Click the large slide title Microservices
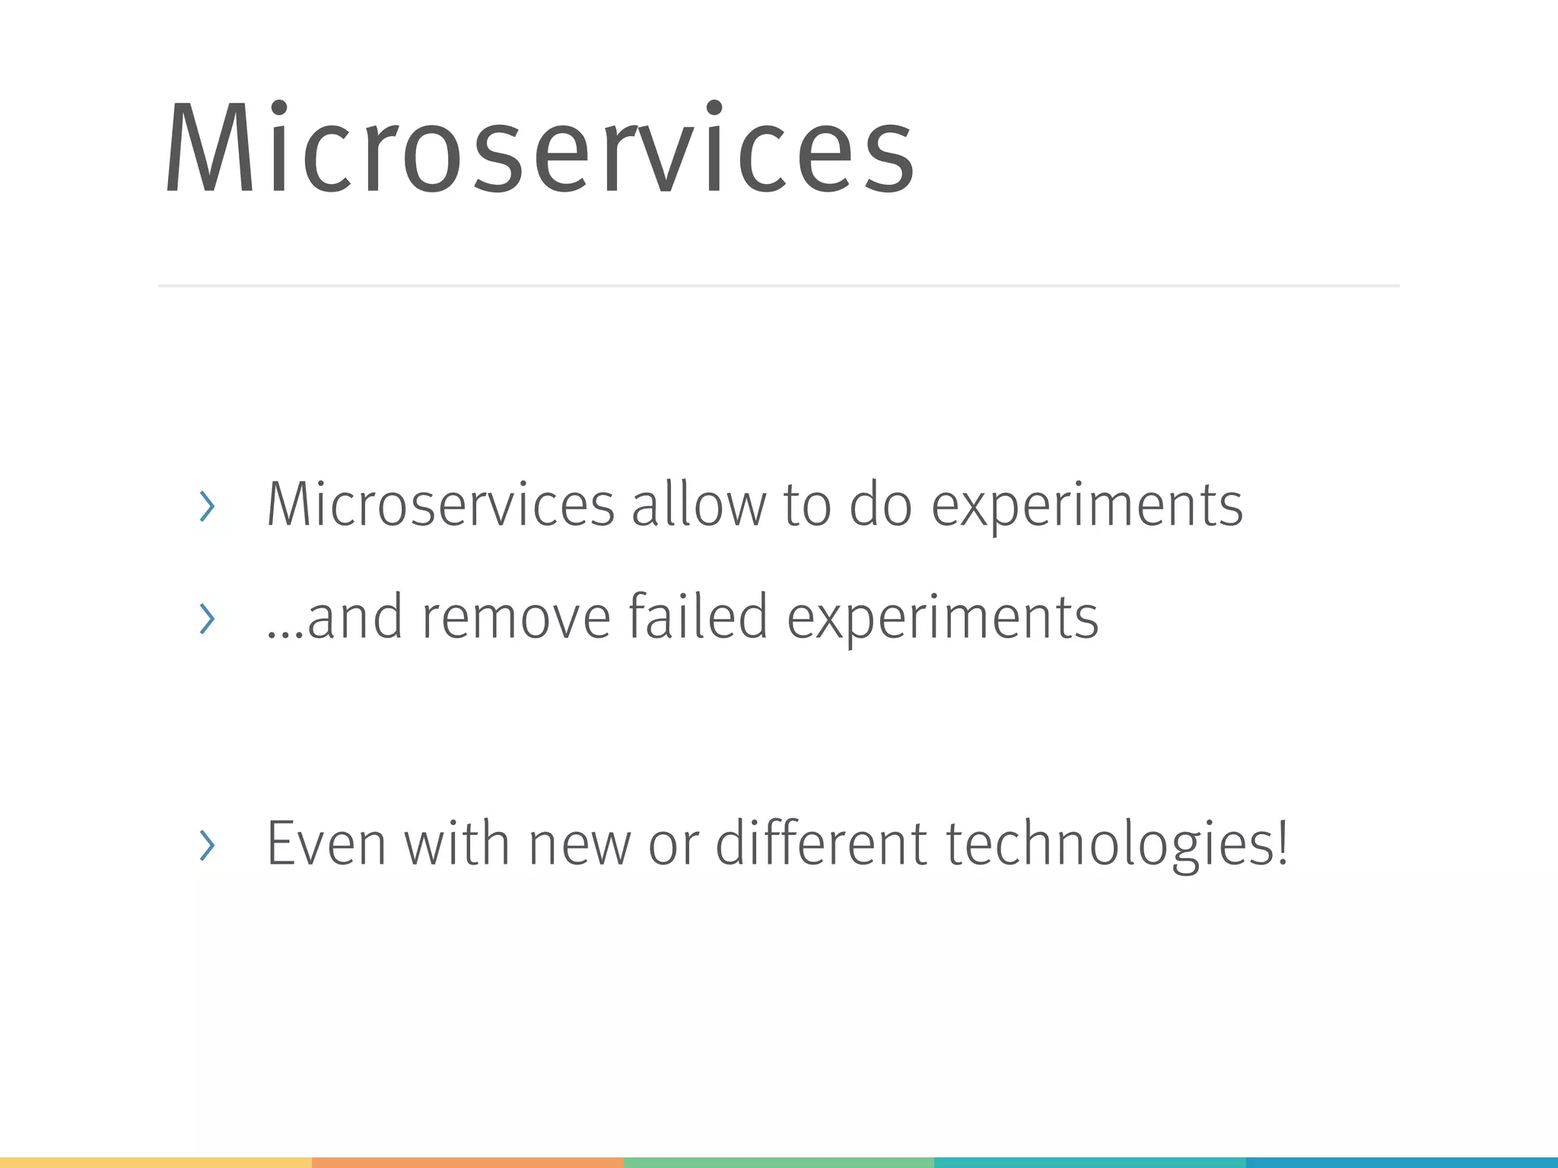539,149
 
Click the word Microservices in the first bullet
440,505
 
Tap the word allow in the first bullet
699,505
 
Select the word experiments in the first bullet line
1087,506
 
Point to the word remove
516,617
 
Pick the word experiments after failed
943,619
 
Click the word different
821,844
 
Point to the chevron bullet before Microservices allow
207,506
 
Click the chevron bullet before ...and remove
207,618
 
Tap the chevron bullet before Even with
207,845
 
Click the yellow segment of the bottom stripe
155,1163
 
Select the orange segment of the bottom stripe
467,1163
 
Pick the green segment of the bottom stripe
778,1163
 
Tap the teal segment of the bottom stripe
1089,1163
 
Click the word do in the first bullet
880,505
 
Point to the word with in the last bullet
456,844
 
